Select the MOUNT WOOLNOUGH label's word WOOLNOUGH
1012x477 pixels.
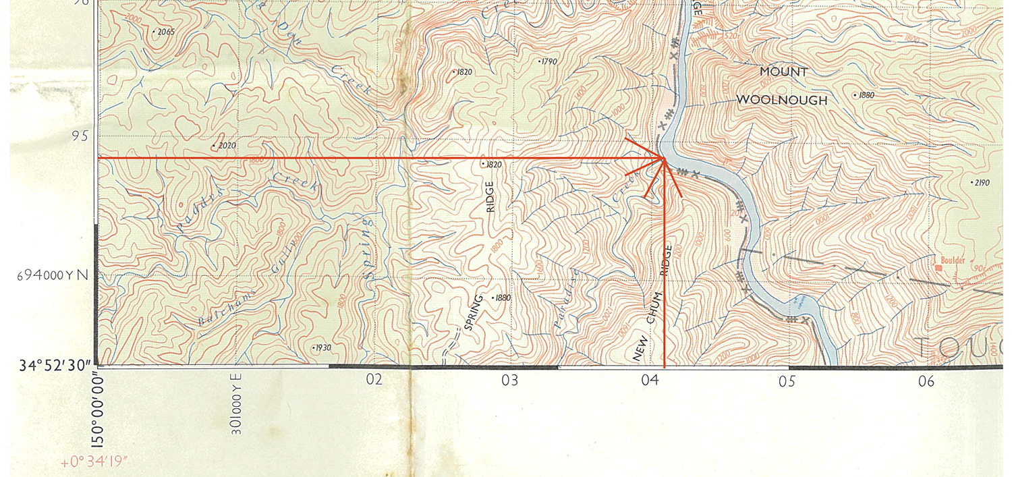click(x=781, y=100)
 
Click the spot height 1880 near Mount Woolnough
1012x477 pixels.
click(x=865, y=95)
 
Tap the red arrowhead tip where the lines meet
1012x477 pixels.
click(x=665, y=158)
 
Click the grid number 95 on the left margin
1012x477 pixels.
click(x=80, y=136)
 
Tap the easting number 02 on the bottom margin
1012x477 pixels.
click(x=374, y=380)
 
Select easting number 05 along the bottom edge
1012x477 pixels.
click(x=786, y=381)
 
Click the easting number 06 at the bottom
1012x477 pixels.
click(x=926, y=381)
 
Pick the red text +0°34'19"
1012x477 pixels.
click(x=94, y=464)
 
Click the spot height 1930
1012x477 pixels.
click(x=322, y=347)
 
